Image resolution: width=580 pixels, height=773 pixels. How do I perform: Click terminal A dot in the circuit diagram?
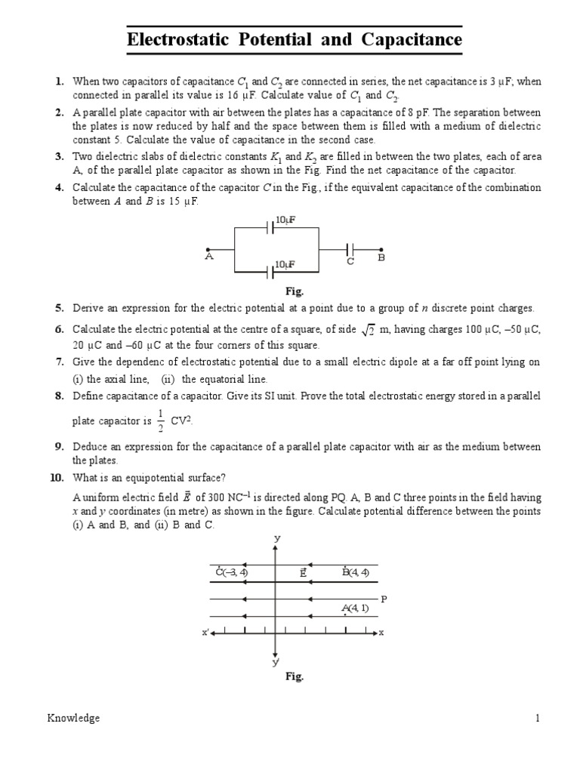pos(208,249)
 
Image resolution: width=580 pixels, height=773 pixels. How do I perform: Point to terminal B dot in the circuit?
pos(381,249)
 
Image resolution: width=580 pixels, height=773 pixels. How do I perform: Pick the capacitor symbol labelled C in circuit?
pos(350,249)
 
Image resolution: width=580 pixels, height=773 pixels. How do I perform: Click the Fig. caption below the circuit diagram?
pos(294,291)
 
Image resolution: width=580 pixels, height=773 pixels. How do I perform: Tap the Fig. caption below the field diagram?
pos(294,676)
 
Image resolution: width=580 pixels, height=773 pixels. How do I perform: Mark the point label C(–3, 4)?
pos(232,572)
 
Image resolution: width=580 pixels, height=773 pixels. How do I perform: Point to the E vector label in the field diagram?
pos(302,572)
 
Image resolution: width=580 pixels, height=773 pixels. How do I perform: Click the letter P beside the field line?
pos(384,599)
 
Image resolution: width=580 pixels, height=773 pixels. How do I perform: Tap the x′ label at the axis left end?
pos(205,633)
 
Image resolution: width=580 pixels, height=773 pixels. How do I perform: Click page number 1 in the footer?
pos(538,719)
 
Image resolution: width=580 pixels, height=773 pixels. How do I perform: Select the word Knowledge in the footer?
pos(71,719)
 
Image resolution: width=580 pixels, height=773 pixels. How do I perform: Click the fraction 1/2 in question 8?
pos(159,417)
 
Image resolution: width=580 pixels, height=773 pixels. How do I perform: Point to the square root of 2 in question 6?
pos(369,330)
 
